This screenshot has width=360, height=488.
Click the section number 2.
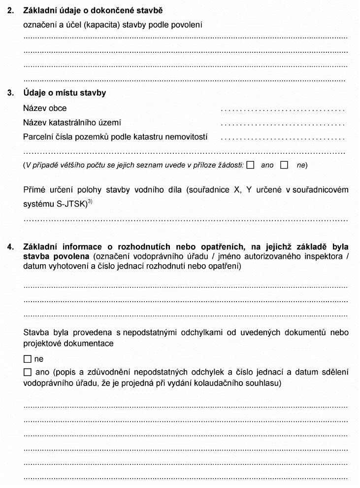point(10,10)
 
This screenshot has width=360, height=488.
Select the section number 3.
point(10,93)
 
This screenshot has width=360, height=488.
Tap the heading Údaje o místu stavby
point(65,93)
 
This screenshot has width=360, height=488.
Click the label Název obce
point(45,108)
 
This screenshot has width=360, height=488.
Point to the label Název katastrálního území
point(72,122)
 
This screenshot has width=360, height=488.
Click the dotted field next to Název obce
point(283,109)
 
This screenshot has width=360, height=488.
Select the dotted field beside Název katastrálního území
point(283,123)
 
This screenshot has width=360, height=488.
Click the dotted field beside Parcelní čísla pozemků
point(283,138)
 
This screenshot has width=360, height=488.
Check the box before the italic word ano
point(251,165)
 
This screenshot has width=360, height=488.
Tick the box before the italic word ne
point(284,165)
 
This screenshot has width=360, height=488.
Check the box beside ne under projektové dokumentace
point(28,359)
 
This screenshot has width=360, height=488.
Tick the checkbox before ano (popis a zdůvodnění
point(28,372)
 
